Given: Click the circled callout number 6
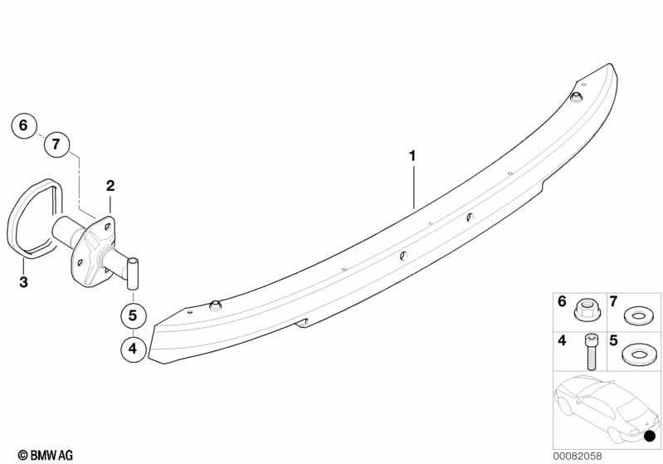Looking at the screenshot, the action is [x=24, y=125].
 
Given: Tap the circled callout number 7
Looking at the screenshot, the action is [x=56, y=144].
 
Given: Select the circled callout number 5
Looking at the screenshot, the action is [x=134, y=315].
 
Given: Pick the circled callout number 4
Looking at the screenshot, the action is [x=134, y=349].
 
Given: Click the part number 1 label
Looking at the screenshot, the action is [x=412, y=156].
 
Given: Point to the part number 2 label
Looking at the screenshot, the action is [x=110, y=185].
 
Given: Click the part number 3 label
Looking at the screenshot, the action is [x=24, y=281].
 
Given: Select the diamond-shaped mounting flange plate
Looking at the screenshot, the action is [x=94, y=251].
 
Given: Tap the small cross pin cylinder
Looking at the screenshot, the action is [x=133, y=274].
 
